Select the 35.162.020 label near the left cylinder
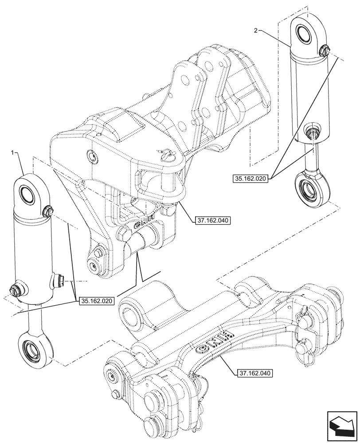point(97,301)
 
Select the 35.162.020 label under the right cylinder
point(250,179)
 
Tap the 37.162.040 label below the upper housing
point(211,219)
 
